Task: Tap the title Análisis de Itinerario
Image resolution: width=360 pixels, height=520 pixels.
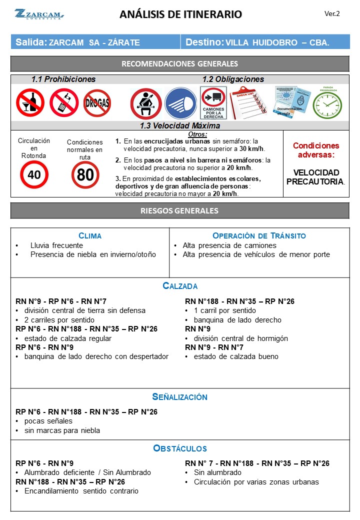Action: (180, 14)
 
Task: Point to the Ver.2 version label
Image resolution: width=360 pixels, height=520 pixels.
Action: (332, 13)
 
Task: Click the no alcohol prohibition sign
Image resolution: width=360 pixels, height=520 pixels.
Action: (30, 102)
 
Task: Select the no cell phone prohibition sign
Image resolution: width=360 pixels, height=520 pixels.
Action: (64, 102)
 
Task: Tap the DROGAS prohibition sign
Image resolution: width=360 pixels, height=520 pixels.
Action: (97, 103)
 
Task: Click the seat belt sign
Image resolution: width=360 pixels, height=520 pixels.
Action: (145, 103)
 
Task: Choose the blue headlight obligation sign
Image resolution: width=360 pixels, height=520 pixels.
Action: (180, 103)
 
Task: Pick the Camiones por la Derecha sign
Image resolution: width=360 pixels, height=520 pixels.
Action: (213, 103)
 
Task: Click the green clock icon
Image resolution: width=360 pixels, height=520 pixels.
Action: (327, 104)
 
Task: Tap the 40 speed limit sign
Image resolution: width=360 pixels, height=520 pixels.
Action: (34, 175)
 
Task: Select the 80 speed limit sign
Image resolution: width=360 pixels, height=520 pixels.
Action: (85, 175)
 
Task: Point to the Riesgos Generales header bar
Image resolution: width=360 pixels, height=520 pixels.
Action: (180, 210)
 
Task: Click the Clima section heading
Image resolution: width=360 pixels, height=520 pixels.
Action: (90, 235)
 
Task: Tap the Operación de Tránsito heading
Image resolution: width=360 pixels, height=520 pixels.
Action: (259, 235)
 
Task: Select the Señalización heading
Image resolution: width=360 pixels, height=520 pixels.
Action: (179, 397)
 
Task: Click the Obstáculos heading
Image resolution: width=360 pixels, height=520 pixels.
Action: (179, 448)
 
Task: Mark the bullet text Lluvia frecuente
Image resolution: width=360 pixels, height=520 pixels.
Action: (56, 245)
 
